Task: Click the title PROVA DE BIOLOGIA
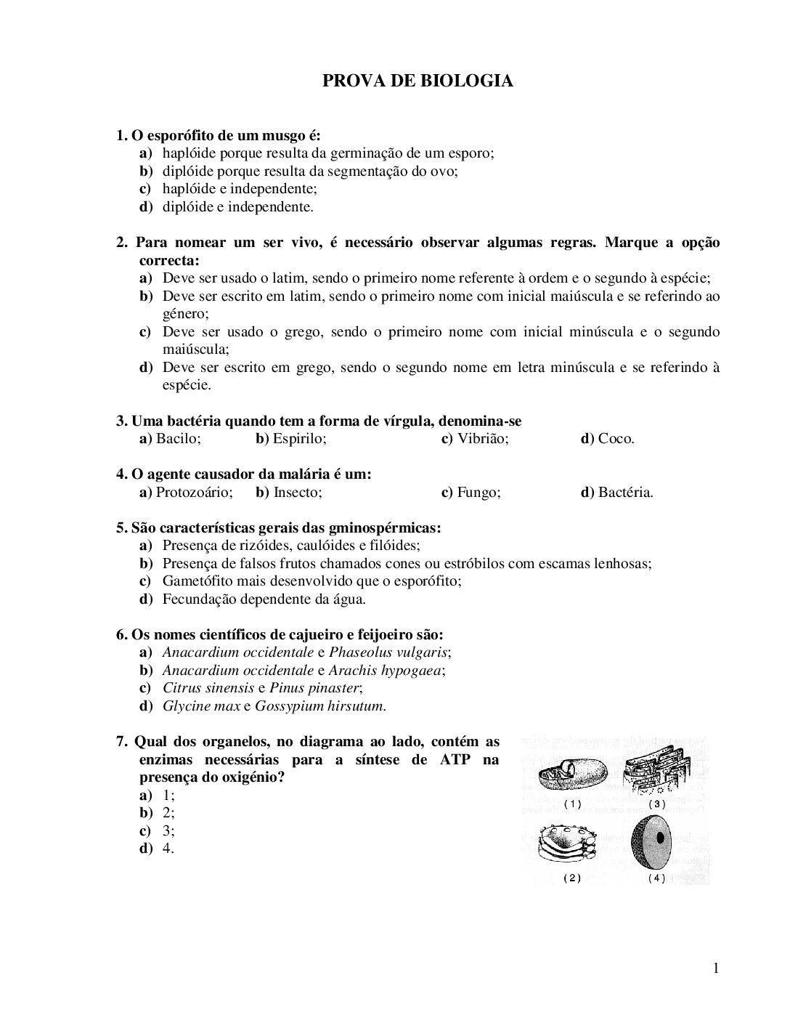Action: click(x=418, y=81)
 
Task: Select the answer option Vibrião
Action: click(x=483, y=440)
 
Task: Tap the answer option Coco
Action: click(x=616, y=440)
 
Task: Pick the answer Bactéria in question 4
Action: click(x=625, y=493)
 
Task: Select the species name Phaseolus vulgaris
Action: click(x=388, y=652)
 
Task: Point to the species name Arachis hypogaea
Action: click(x=385, y=671)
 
